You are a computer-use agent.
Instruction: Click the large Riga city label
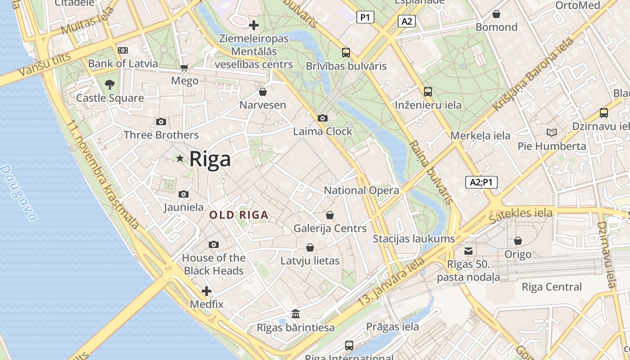coord(210,159)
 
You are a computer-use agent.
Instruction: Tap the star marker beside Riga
coord(180,158)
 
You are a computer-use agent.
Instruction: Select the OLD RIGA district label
coord(239,215)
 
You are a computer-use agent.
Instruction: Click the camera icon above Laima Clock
coord(322,118)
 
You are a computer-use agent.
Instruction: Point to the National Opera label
coord(361,190)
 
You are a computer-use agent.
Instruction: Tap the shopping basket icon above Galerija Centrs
coord(330,215)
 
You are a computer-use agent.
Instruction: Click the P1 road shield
coord(365,18)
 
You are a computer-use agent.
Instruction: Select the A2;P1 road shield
coord(481,182)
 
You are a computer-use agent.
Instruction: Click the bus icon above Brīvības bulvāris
coord(346,53)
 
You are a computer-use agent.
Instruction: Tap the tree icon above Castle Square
coord(109,84)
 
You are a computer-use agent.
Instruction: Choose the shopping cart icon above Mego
coord(184,68)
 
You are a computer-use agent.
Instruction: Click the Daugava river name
coord(18,193)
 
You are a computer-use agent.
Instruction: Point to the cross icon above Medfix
coord(207,291)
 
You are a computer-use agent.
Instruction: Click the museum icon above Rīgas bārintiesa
coord(296,314)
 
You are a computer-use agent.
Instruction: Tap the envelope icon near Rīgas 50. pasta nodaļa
coord(468,251)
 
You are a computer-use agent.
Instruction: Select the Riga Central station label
coord(551,287)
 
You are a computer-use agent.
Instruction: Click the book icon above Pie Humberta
coord(551,132)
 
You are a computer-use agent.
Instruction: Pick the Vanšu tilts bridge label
coord(45,64)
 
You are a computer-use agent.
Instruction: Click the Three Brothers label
coord(161,135)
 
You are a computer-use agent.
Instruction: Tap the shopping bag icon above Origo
coord(517,241)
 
